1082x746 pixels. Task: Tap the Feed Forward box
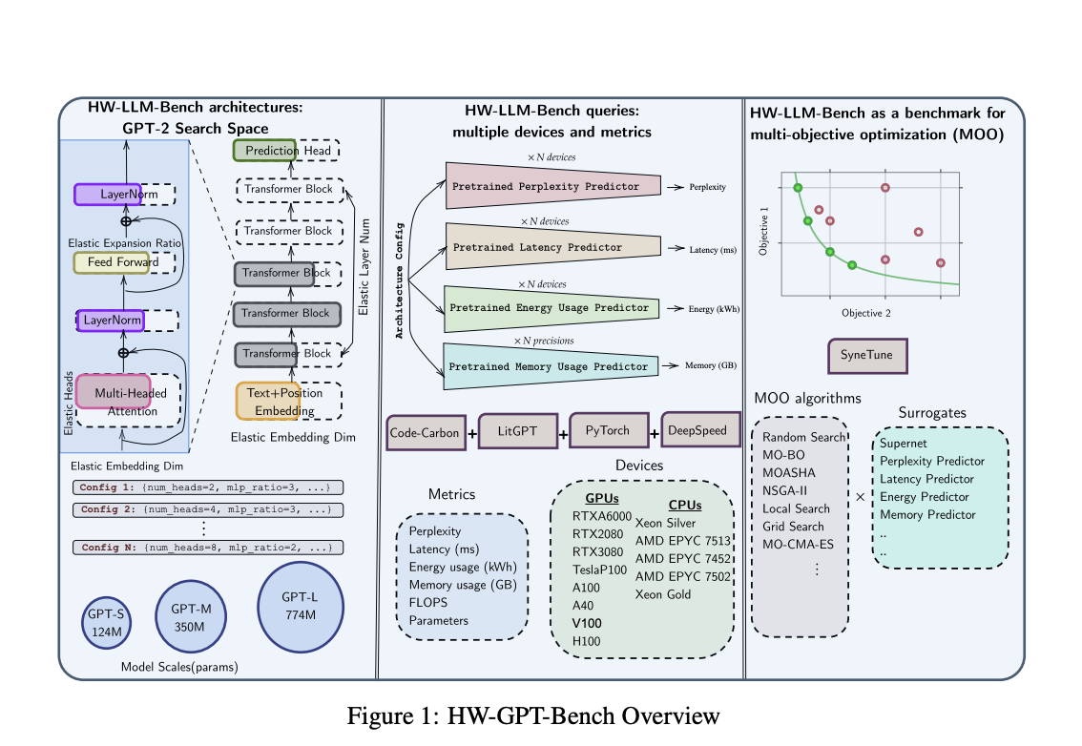pyautogui.click(x=112, y=261)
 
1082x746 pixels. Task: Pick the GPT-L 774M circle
pyautogui.click(x=300, y=606)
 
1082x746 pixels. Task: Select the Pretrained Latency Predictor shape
pyautogui.click(x=552, y=247)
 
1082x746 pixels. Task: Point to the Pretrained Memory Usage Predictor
pyautogui.click(x=552, y=366)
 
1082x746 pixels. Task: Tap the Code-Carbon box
pyautogui.click(x=425, y=432)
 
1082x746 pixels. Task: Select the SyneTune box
pyautogui.click(x=867, y=355)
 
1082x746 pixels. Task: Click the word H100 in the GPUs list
pyautogui.click(x=587, y=641)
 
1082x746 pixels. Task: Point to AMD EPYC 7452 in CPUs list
pyautogui.click(x=683, y=558)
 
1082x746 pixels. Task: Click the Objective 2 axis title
pyautogui.click(x=866, y=312)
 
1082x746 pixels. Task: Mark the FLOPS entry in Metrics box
pyautogui.click(x=427, y=602)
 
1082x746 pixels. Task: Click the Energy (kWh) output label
pyautogui.click(x=715, y=309)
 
